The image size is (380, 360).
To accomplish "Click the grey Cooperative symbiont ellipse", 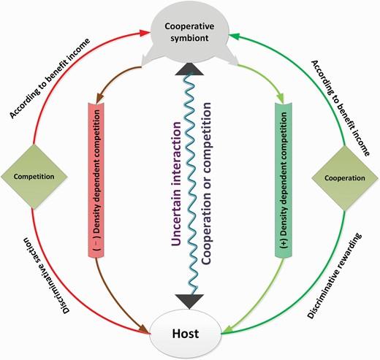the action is coord(190,31).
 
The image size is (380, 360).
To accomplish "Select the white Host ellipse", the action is coord(186,334).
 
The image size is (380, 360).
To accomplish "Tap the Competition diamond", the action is coord(34,177).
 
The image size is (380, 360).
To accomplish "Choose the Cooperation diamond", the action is coord(345,178).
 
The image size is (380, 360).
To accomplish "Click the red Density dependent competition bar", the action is coord(96,180).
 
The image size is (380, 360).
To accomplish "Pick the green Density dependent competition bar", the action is coord(284,180).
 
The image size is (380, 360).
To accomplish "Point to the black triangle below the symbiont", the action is coord(189,69).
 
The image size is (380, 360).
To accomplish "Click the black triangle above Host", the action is coord(189,302).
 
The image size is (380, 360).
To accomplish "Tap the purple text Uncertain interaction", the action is coord(176,183).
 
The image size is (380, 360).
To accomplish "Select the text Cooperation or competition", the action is coord(205,183).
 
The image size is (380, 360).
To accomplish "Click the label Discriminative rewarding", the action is coord(335,275).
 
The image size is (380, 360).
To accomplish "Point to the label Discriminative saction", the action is coord(46,275).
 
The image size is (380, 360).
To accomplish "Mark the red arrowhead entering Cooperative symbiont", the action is coord(144,33).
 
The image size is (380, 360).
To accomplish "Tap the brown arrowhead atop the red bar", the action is coord(100,99).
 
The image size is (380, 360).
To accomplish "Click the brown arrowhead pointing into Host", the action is coord(144,329).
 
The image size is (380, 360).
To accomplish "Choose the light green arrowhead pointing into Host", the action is coord(227,330).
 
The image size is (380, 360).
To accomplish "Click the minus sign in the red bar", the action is coord(96,244).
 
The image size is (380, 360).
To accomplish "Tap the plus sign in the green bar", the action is coord(284,244).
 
